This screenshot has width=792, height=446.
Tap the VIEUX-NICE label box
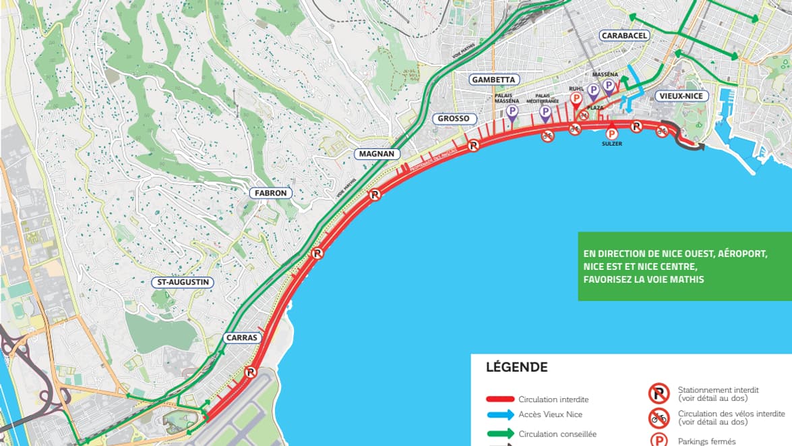[x=681, y=96]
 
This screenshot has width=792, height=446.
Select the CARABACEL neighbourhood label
[x=624, y=35]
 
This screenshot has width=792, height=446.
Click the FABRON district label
[x=271, y=193]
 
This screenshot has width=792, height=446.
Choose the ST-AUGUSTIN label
[x=181, y=282]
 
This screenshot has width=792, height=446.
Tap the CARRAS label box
[x=242, y=337]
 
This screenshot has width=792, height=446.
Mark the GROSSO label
[x=453, y=119]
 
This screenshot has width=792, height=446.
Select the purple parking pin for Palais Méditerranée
[x=545, y=113]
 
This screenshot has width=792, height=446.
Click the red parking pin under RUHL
[x=576, y=100]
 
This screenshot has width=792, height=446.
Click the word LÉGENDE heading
[x=516, y=368]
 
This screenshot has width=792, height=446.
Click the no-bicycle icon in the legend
[x=659, y=418]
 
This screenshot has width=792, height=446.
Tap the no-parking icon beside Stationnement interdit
[x=659, y=393]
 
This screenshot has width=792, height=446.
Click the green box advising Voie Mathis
[x=684, y=267]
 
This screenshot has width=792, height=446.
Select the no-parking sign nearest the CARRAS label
[x=251, y=372]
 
